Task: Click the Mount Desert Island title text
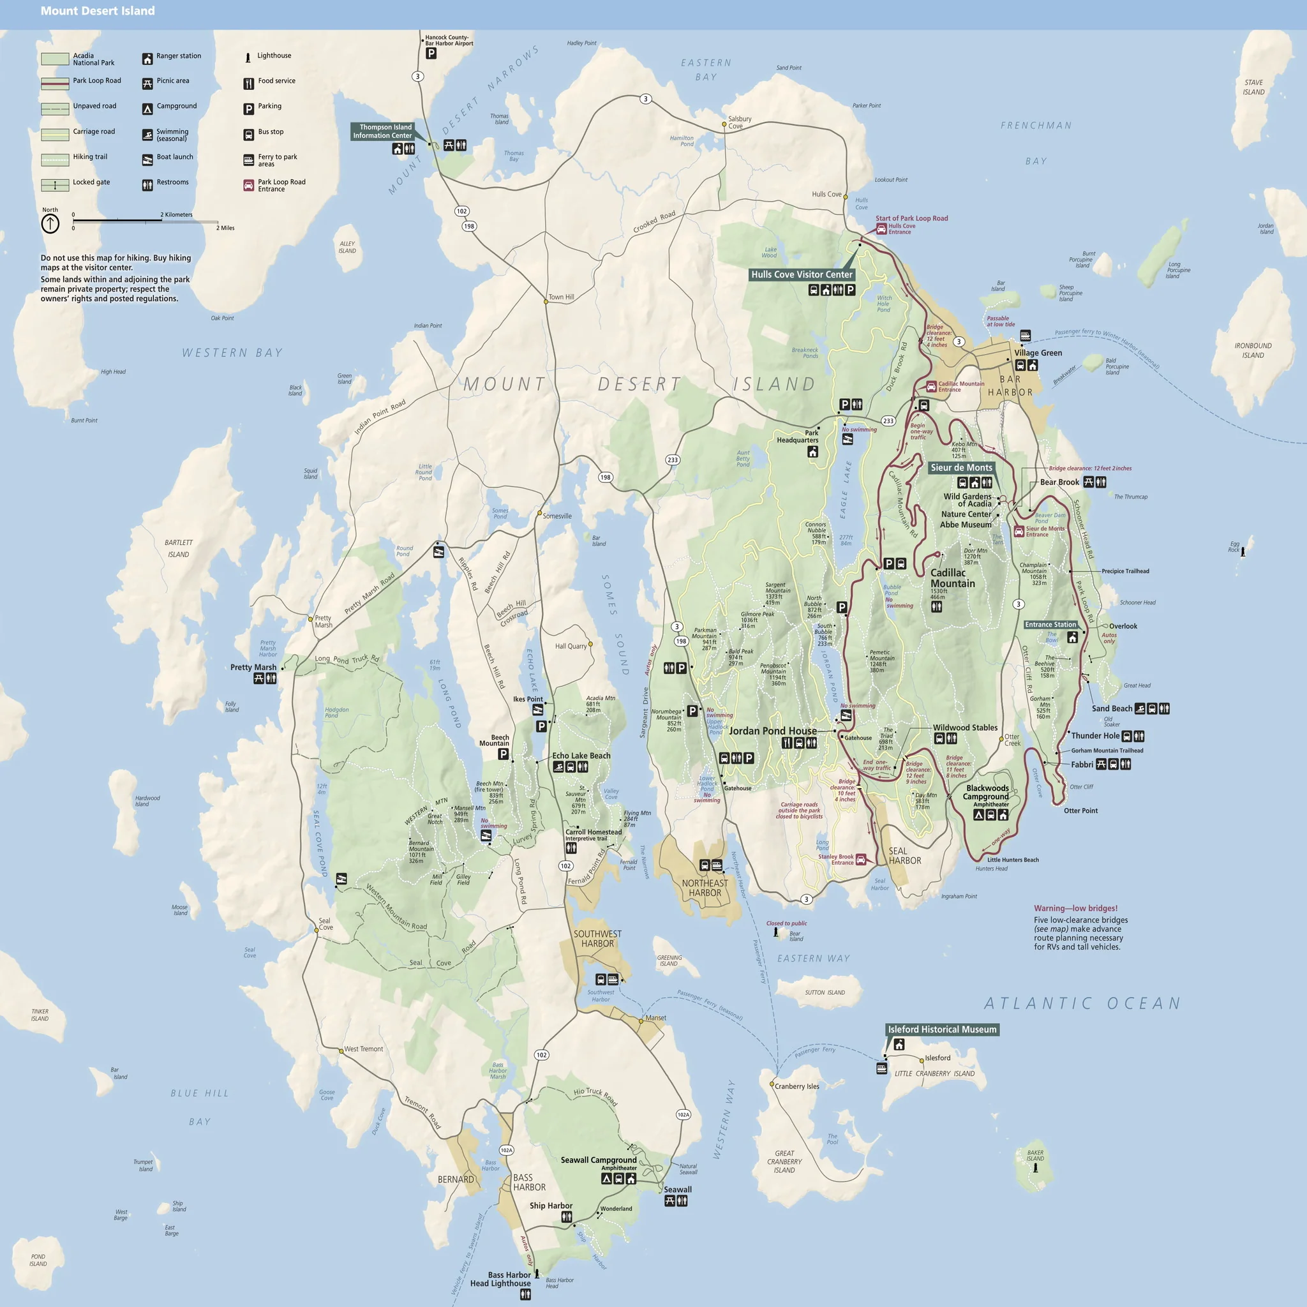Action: click(98, 11)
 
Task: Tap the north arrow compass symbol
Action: click(50, 224)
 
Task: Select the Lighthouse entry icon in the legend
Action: click(248, 57)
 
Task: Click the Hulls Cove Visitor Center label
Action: click(802, 274)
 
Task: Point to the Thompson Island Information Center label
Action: click(382, 131)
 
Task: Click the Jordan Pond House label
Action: click(772, 731)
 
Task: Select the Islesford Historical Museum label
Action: click(942, 1029)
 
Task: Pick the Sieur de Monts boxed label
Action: click(960, 467)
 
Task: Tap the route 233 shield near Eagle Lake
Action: click(888, 421)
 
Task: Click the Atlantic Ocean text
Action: click(1082, 1003)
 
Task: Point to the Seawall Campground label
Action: click(598, 1160)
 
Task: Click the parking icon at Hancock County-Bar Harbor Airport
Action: click(431, 54)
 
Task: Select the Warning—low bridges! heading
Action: click(1075, 909)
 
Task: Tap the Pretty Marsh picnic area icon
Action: click(258, 678)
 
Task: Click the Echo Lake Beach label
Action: click(581, 756)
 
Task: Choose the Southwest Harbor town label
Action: click(597, 939)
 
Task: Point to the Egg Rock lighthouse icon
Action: click(1243, 551)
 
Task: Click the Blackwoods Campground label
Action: click(987, 792)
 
